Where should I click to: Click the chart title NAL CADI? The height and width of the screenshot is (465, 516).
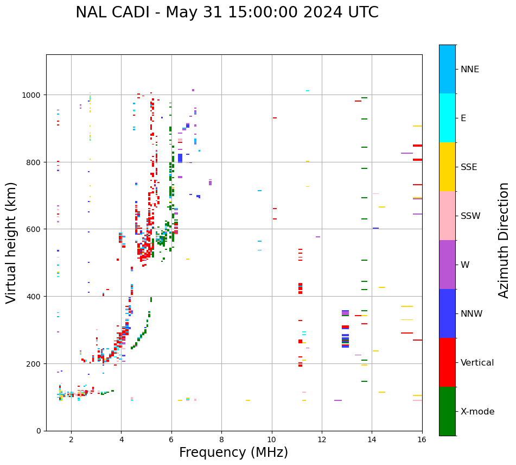pos(112,12)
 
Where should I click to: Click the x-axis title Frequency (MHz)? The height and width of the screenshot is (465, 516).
pos(233,453)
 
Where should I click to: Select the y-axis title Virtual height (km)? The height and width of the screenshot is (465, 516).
pos(12,242)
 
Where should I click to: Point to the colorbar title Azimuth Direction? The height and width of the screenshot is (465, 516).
pos(504,240)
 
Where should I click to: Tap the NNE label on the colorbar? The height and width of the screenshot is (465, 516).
pos(470,70)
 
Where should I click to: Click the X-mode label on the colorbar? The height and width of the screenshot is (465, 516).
pos(477,412)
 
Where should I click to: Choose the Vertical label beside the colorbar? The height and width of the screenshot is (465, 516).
pos(477,363)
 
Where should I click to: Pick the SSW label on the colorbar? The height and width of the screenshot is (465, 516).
pos(470,216)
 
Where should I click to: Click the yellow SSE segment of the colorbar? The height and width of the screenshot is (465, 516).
pos(447,167)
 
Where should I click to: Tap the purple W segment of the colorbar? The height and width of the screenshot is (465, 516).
pos(447,265)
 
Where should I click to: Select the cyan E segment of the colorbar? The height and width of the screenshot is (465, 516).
pos(447,118)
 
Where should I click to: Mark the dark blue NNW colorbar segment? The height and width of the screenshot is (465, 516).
pos(447,313)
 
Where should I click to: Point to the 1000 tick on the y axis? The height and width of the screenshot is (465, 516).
pos(33,95)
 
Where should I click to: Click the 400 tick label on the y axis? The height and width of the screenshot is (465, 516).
pos(35,297)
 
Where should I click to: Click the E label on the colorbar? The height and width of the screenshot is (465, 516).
pos(463,118)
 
